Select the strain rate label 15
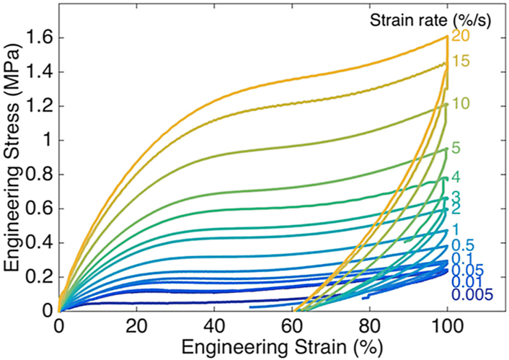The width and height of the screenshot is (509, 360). [x=461, y=62]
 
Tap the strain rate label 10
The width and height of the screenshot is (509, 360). [x=461, y=104]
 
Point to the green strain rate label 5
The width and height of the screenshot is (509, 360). [x=456, y=150]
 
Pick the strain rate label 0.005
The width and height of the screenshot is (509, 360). [x=473, y=294]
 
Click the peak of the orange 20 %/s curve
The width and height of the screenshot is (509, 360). [x=447, y=36]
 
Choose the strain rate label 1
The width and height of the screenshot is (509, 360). [x=456, y=229]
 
